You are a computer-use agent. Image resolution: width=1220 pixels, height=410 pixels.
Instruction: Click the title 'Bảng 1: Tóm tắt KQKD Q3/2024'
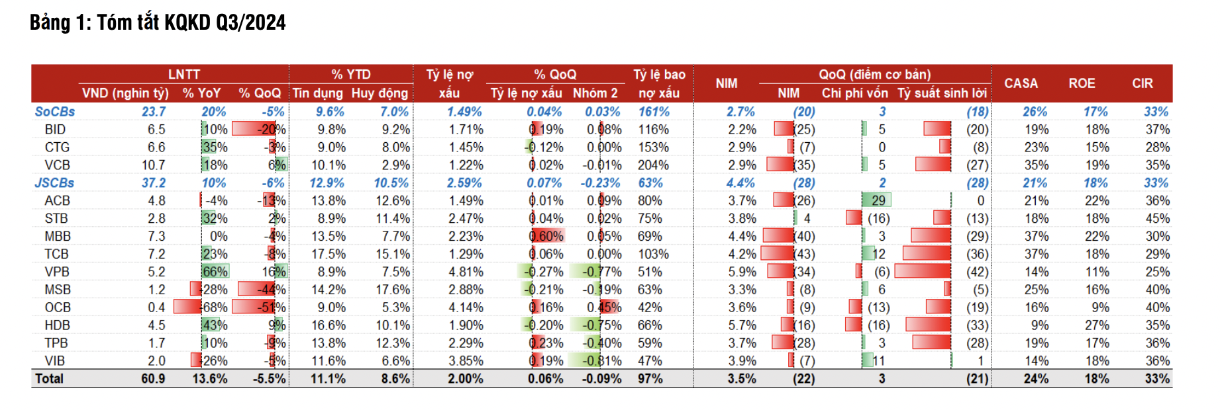point(158,22)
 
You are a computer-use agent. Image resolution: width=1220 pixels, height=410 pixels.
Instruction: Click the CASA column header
point(1021,83)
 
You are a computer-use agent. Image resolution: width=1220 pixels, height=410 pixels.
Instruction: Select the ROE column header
point(1082,83)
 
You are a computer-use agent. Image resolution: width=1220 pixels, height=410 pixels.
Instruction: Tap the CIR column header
point(1143,83)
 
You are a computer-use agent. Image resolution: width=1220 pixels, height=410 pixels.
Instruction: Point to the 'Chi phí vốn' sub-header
point(854,93)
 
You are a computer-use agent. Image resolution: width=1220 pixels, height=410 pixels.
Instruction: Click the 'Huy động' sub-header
point(380,93)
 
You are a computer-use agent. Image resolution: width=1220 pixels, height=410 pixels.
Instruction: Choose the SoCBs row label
point(55,112)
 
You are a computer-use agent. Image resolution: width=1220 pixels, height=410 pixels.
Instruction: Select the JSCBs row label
point(54,183)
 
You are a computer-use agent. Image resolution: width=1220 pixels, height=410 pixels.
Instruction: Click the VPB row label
point(57,272)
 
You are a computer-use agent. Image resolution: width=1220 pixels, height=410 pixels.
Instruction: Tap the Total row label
point(50,379)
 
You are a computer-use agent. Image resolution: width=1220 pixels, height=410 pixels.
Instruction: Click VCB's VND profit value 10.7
point(153,165)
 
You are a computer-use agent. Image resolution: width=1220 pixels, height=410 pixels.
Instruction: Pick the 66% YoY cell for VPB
point(215,272)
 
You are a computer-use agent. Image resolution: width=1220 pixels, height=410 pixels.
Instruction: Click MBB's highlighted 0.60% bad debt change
point(546,236)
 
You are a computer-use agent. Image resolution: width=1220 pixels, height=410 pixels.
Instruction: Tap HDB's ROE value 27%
point(1097,325)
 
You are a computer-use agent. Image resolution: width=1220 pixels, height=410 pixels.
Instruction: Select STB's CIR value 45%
point(1157,218)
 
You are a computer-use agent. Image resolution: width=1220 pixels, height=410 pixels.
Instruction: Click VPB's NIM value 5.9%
point(742,272)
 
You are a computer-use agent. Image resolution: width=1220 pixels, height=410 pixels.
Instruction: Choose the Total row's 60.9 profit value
point(153,379)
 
